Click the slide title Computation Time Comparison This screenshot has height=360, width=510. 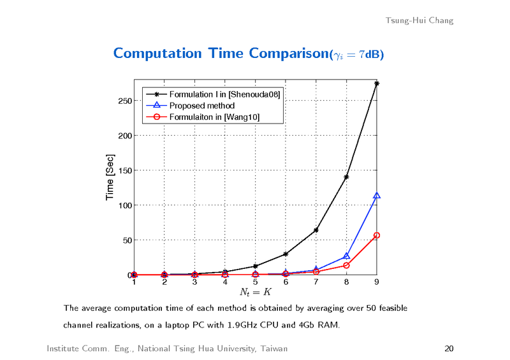(x=220, y=53)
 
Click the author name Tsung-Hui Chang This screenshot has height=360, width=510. (x=419, y=20)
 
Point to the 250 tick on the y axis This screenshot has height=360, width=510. (x=124, y=101)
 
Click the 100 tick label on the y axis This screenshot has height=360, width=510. (x=124, y=206)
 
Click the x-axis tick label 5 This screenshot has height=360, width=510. (x=255, y=282)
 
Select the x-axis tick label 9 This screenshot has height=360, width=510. (x=377, y=282)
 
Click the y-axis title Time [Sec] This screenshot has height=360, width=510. (x=110, y=178)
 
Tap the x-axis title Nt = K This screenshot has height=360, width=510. (x=255, y=292)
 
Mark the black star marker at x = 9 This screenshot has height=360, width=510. (x=377, y=83)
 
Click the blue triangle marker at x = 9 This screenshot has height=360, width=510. (x=377, y=196)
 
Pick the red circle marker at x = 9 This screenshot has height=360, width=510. (x=377, y=236)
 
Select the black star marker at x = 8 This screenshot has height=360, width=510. (x=346, y=177)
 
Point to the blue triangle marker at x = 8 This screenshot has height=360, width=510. (x=346, y=256)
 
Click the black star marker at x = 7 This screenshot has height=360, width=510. (x=316, y=230)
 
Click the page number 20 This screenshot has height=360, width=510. (x=448, y=349)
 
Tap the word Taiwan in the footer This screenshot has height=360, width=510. (x=273, y=349)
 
